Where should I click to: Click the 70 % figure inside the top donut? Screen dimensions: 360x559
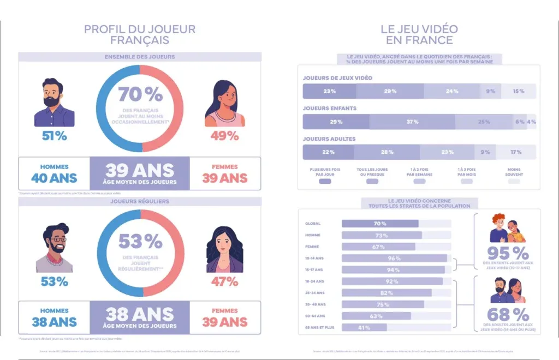pos(140,94)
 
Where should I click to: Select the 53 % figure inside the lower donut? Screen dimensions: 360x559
pos(140,241)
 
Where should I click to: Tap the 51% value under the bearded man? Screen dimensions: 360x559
pos(55,136)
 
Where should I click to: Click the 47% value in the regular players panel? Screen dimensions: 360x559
pos(225,281)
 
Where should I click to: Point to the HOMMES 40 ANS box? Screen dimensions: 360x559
pos(54,173)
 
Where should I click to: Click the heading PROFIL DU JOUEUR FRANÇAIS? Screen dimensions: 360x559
pos(139,34)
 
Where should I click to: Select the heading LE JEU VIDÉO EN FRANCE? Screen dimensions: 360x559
pos(419,34)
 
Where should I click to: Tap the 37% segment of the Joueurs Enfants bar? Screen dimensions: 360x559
pos(412,122)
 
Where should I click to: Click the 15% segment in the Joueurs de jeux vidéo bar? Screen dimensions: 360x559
pos(519,91)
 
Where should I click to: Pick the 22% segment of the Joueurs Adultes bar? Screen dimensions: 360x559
pos(328,152)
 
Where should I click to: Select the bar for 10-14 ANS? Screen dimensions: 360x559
pos(394,258)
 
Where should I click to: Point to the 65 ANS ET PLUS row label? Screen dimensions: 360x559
pos(319,327)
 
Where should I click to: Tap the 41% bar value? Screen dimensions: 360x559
pos(364,327)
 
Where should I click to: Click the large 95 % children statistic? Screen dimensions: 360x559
pos(508,253)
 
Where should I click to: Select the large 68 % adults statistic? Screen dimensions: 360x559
pos(508,314)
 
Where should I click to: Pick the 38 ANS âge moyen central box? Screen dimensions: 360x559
pos(140,318)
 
